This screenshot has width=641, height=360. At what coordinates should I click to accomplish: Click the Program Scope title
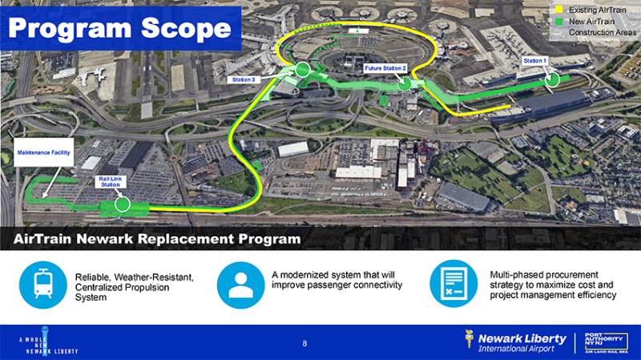click(119, 29)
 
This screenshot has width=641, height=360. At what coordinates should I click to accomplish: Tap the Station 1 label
click(534, 61)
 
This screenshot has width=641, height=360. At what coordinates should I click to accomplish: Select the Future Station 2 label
click(385, 68)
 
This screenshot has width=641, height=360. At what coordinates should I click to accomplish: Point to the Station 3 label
click(243, 80)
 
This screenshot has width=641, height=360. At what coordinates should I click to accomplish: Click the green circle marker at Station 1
click(551, 79)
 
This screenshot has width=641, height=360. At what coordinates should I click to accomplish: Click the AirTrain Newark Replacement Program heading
click(156, 239)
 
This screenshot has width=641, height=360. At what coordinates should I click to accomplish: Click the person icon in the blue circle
click(240, 284)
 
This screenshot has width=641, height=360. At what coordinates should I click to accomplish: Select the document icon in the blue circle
click(454, 284)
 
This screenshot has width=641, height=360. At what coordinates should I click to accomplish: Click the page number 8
click(304, 344)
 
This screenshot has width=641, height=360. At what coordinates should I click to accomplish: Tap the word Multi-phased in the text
click(513, 275)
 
